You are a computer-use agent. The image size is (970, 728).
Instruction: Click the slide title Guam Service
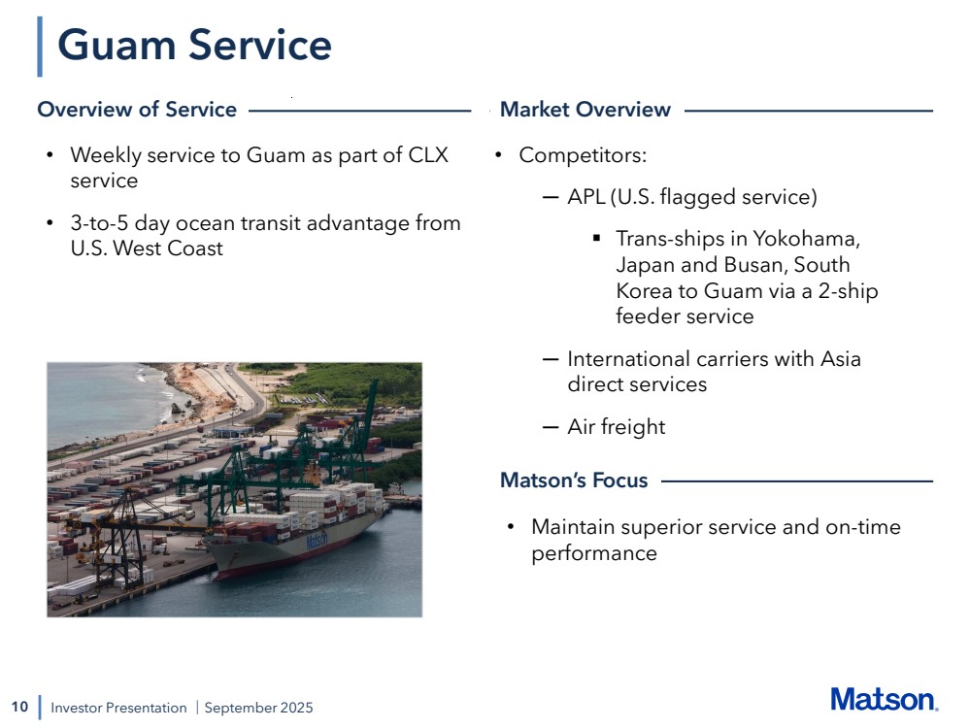pos(194,46)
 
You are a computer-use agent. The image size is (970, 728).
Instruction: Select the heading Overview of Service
pos(137,110)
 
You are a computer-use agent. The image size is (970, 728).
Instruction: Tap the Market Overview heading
pos(585,110)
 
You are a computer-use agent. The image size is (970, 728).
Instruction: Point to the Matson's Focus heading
pos(574,480)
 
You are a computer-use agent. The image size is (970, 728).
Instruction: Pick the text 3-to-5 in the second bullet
pos(99,222)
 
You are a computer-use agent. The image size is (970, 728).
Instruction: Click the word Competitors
pos(583,155)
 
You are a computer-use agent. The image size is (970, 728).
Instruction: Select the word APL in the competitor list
pos(585,197)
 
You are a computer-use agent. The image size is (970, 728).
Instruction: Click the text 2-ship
pos(848,290)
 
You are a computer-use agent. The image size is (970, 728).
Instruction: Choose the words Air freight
pos(617,427)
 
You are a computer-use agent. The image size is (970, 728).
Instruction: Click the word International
pos(628,359)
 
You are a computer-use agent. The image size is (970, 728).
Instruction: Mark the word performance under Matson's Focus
pos(594,553)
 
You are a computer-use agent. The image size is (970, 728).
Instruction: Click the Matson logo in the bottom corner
pos(885,700)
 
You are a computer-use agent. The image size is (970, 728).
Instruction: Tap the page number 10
pos(19,707)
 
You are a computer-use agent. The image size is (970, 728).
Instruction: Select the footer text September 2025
pos(258,708)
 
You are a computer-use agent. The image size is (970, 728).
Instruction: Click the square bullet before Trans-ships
pos(596,238)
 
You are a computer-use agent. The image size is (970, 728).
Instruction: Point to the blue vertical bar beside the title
pos(40,47)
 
